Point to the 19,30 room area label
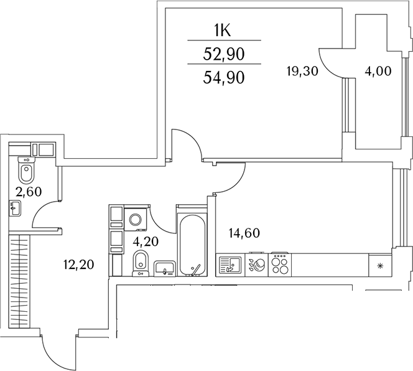[x=302, y=71]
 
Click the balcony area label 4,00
[x=378, y=71]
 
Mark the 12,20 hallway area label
[x=78, y=266]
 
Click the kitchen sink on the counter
[x=228, y=265]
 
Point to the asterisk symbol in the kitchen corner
[x=380, y=266]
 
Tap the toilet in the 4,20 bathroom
[x=140, y=261]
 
